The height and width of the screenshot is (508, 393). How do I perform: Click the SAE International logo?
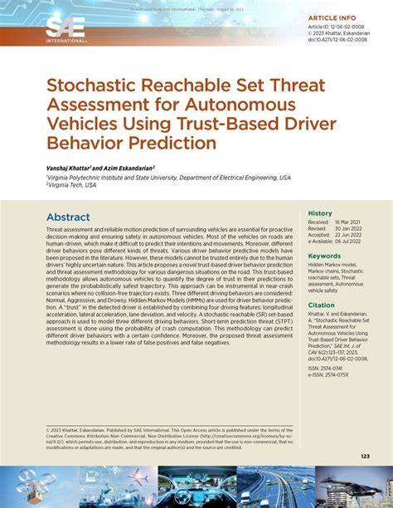click(x=65, y=28)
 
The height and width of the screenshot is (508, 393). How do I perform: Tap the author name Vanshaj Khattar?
click(x=72, y=168)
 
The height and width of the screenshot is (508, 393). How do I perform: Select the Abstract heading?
click(x=68, y=217)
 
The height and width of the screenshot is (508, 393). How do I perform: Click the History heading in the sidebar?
click(x=320, y=213)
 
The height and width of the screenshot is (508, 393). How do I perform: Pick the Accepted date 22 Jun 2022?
click(x=349, y=235)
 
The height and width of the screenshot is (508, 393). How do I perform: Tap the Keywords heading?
click(x=324, y=256)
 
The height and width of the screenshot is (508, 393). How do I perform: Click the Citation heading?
click(x=322, y=305)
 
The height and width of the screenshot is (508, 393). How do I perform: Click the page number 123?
click(x=365, y=456)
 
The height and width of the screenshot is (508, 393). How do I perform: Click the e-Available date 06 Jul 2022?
click(x=349, y=241)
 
